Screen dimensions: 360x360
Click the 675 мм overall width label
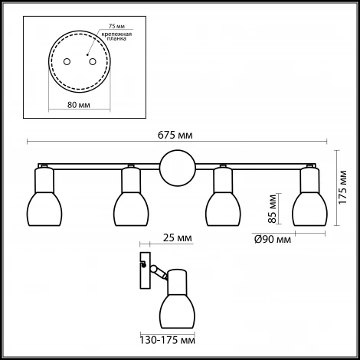tap(175, 135)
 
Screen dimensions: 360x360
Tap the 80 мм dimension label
tap(79, 105)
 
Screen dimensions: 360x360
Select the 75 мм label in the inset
tap(116, 26)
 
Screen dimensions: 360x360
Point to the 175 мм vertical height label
tap(342, 187)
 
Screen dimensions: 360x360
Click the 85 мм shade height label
tap(273, 208)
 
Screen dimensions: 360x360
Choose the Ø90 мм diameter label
tap(273, 239)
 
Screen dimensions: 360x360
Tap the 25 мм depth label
tap(178, 238)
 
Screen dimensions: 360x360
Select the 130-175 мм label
tap(167, 340)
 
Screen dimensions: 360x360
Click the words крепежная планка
tap(116, 37)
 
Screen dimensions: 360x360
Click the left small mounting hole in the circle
tap(67, 62)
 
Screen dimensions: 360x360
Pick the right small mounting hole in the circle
tap(93, 62)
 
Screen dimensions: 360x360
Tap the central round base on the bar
tap(178, 168)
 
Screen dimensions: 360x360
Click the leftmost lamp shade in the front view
tap(44, 209)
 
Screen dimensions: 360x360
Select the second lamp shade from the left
tap(131, 209)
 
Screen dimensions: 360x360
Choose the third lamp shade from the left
tap(223, 209)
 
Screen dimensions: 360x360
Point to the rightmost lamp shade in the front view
tap(310, 209)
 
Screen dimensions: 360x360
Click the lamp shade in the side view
tap(177, 311)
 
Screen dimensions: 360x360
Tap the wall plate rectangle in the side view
tap(145, 270)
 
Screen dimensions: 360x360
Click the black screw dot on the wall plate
tap(144, 265)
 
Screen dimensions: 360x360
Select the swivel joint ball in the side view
tap(154, 269)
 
